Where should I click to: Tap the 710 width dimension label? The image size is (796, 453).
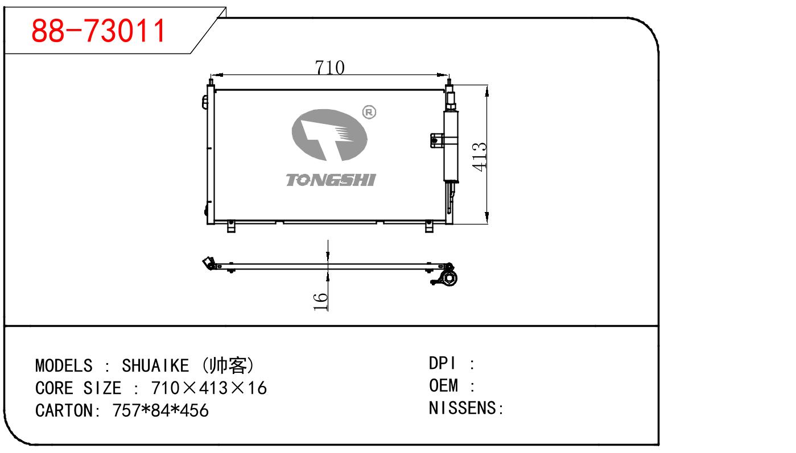(330, 67)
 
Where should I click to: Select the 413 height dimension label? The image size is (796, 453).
(479, 156)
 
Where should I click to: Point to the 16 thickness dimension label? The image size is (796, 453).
(321, 301)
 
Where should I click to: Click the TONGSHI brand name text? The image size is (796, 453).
(330, 180)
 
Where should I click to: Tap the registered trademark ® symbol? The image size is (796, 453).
(369, 113)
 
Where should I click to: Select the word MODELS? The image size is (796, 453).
(64, 365)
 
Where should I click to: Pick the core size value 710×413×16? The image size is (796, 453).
(209, 388)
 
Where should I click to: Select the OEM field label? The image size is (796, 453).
(443, 386)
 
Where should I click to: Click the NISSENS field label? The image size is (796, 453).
(463, 408)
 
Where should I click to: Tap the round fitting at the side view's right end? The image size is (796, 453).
(449, 279)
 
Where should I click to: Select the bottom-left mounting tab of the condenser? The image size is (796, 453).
(231, 226)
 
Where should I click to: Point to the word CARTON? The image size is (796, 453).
(64, 410)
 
